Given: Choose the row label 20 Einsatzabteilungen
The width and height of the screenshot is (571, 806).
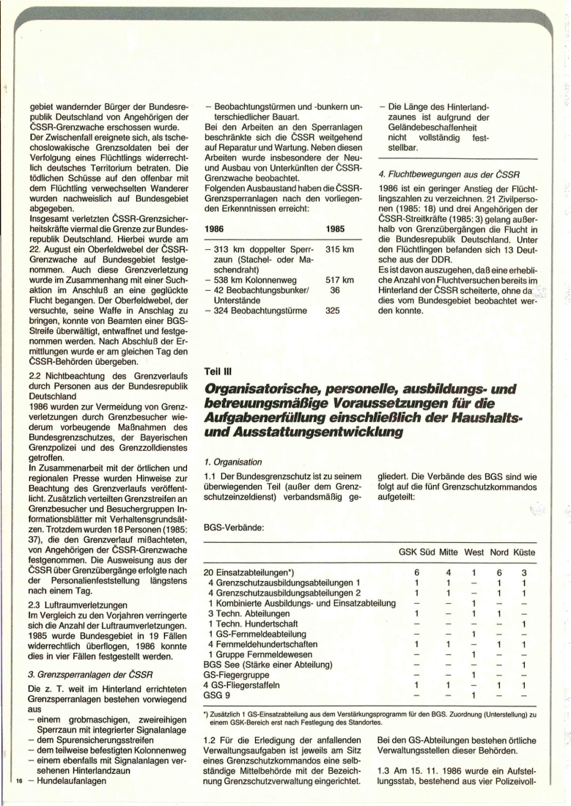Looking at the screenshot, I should coord(248,572).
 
